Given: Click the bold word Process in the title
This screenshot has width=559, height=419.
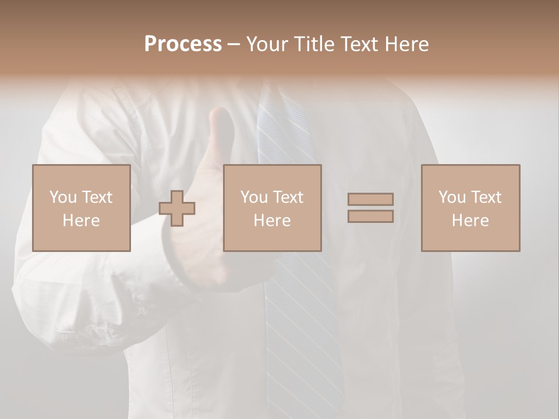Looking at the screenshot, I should (x=183, y=44).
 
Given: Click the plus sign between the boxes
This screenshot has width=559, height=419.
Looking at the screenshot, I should (x=177, y=208).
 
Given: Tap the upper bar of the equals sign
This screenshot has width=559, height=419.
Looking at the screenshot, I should (x=370, y=199).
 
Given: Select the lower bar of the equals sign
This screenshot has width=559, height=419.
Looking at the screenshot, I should (x=370, y=216).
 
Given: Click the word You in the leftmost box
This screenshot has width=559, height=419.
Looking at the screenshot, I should (x=63, y=197).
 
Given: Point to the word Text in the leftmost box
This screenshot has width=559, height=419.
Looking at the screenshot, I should (x=97, y=197).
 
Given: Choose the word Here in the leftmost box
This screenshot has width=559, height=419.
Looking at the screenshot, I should (x=81, y=221).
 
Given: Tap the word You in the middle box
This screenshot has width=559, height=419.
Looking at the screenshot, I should (x=254, y=197).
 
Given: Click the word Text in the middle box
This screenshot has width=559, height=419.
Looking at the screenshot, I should (x=288, y=197).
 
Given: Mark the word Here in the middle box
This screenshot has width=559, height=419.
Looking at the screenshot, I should (x=272, y=221).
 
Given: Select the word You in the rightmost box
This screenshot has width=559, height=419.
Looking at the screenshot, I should (x=452, y=197).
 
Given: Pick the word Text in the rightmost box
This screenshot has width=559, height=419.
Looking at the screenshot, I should (x=486, y=197).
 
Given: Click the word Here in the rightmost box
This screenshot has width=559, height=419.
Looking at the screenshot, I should (x=470, y=221).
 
